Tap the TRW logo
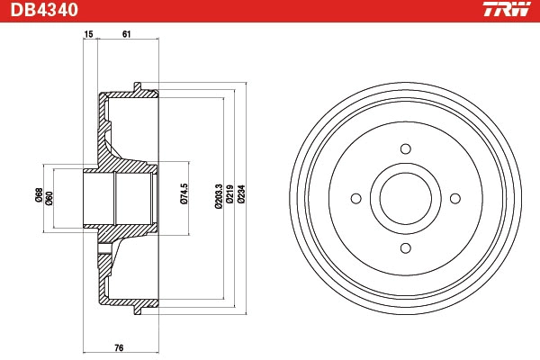506,11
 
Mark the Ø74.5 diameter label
184,194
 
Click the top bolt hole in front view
405,149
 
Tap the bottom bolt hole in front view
405,247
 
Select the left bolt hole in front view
356,199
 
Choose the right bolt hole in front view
454,199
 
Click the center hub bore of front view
405,199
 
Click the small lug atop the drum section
137,87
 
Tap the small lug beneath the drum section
137,310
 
